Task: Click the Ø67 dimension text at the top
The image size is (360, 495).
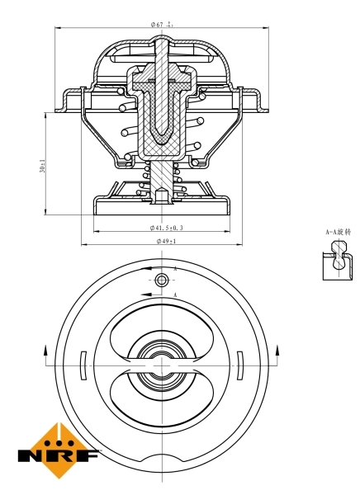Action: [162, 25]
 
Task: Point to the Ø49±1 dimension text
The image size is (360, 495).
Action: [165, 241]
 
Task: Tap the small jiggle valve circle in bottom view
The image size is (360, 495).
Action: [162, 281]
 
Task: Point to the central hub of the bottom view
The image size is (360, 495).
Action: [162, 363]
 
